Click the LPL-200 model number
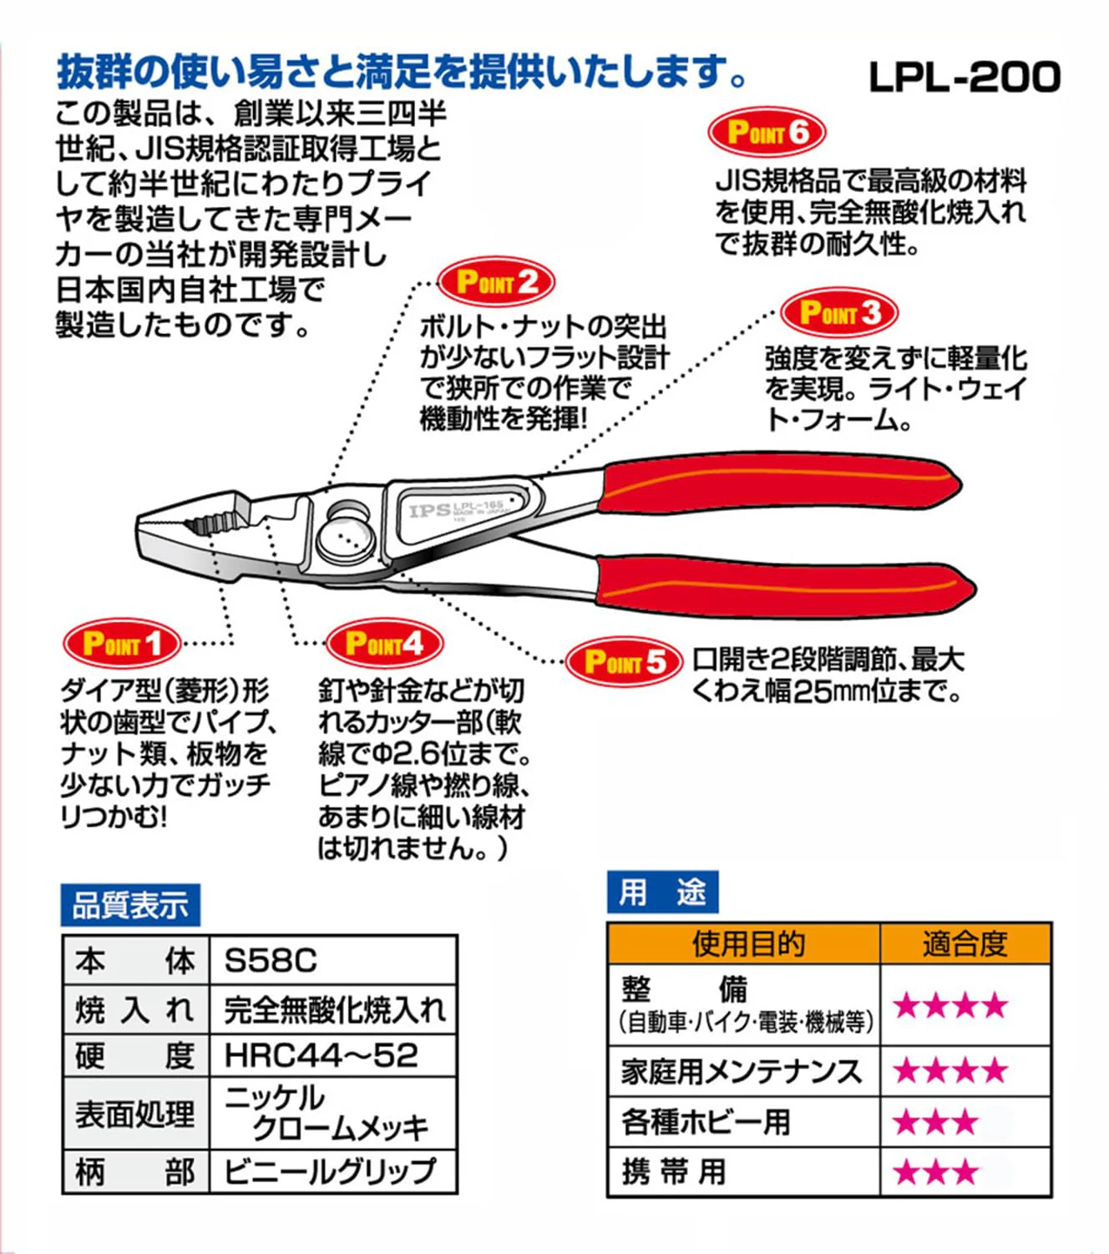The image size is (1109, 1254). tap(964, 78)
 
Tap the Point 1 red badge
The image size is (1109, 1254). tap(122, 645)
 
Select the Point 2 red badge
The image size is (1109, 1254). tap(496, 282)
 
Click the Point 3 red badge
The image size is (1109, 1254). tap(839, 313)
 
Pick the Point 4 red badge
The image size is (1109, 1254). tap(384, 645)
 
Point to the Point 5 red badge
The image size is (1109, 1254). tap(624, 662)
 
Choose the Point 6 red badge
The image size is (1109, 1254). tap(767, 132)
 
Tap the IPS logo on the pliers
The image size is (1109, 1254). tap(429, 511)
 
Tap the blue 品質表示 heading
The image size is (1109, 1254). tap(130, 905)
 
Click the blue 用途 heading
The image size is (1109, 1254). tap(662, 892)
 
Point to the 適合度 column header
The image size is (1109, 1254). tap(965, 944)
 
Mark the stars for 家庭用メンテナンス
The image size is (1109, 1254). tap(950, 1071)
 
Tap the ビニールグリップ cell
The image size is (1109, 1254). tap(330, 1171)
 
